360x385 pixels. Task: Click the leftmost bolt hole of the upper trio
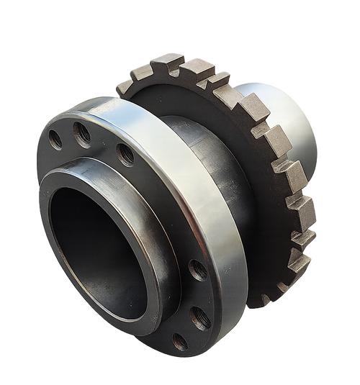pos(55,139)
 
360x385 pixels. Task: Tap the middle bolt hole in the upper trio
pos(82,132)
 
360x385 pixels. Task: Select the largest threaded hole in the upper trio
pos(125,153)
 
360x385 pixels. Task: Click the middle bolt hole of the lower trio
pos(200,317)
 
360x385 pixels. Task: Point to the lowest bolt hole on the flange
pos(180,342)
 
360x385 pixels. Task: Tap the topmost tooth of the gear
pos(167,60)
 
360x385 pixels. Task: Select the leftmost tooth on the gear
pos(125,86)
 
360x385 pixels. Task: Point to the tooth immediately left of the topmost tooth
pos(143,71)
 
